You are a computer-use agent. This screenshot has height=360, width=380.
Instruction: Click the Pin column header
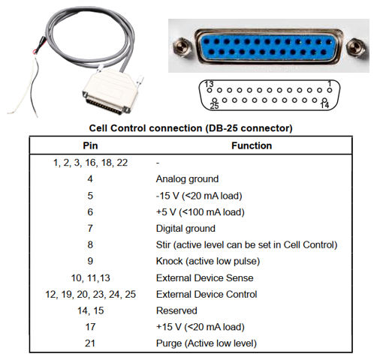pos(90,145)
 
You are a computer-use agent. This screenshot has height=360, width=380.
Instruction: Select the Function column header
pos(252,145)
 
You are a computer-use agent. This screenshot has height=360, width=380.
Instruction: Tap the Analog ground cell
pos(187,179)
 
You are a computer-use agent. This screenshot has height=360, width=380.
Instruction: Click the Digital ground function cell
pos(185,229)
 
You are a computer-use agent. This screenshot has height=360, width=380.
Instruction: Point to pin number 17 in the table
pos(90,327)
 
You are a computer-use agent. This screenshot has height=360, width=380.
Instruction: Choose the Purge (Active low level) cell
pos(207,343)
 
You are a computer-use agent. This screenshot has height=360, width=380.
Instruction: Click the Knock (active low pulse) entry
pos(208,261)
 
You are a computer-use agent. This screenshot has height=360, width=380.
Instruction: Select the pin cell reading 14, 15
pos(90,310)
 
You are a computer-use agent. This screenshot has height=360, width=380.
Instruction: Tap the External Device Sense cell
pos(204,277)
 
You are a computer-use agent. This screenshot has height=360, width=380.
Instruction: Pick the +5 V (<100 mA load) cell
pos(200,212)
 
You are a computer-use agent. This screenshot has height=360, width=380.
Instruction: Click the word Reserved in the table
pos(176,310)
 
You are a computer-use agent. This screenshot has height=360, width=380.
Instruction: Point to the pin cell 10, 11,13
pos(90,277)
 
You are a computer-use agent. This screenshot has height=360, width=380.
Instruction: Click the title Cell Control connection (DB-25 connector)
pos(191,128)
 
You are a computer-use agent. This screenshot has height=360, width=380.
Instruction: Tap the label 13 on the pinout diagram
pos(209,84)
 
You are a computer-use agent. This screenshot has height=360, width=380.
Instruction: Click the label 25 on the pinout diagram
pos(214,106)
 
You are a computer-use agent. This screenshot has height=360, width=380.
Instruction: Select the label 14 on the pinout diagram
pos(324,105)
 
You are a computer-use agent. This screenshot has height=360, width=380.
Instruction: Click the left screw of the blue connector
pos(182,46)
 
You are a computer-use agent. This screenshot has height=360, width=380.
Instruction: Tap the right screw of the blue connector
pos(356,47)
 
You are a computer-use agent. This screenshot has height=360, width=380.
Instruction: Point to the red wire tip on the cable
pos(35,52)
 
